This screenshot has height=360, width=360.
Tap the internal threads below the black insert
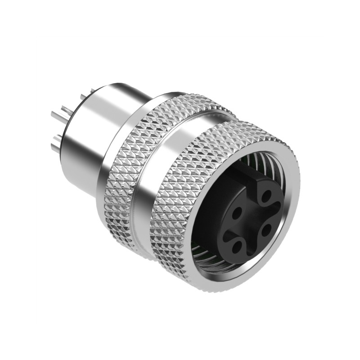211,261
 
